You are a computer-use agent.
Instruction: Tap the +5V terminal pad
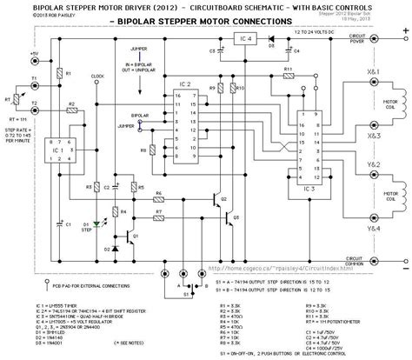[34, 62]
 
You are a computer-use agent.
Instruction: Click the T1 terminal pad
[34, 86]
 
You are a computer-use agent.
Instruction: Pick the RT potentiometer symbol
[14, 99]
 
